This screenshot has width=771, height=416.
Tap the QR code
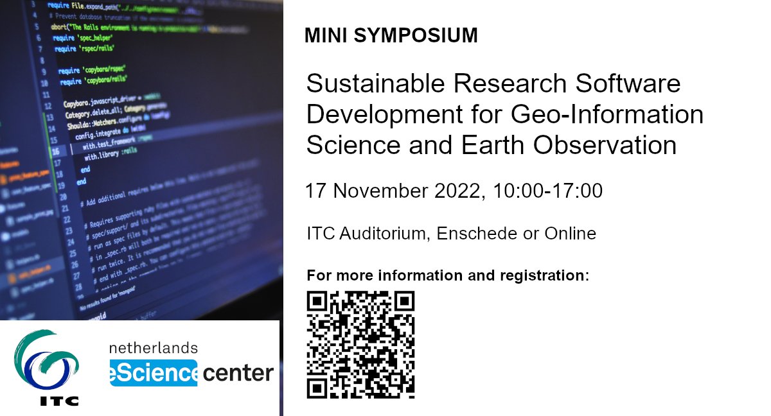(x=360, y=344)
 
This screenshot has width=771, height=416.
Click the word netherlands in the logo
(x=154, y=348)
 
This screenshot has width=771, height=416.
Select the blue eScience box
(x=154, y=373)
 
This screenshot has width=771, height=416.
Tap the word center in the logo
(x=238, y=373)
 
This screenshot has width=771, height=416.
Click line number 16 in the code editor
(x=56, y=152)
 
